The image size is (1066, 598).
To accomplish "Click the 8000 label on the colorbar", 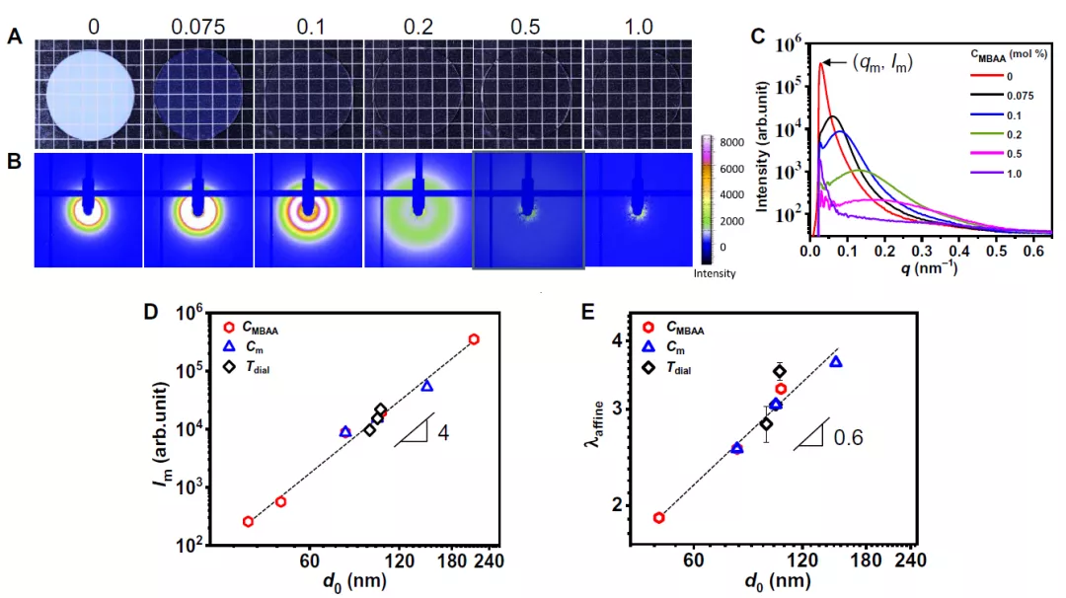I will (721, 142).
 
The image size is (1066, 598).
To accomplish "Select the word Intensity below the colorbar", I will (716, 273).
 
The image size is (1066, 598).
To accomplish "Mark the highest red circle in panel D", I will (474, 339).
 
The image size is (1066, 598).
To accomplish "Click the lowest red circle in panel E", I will (658, 517).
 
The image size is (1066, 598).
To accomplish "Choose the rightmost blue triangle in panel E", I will (836, 362).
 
